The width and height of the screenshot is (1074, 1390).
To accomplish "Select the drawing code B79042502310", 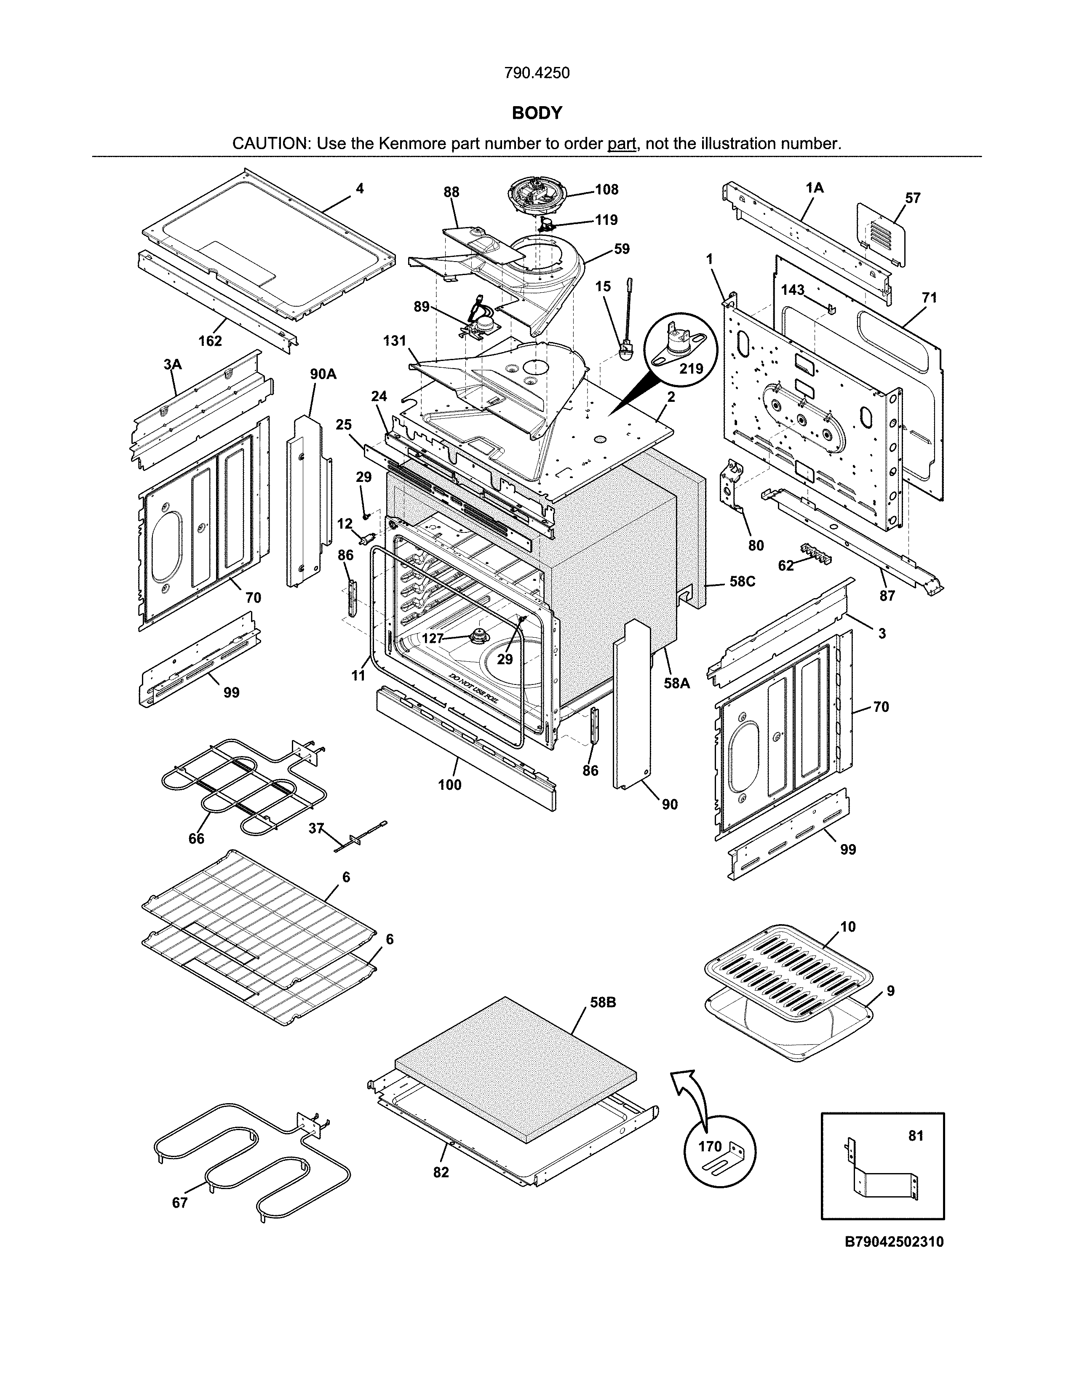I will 894,1241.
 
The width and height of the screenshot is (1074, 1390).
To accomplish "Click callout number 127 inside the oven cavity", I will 433,638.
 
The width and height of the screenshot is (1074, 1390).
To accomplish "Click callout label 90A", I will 323,374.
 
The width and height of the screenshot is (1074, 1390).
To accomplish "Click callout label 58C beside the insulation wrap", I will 742,581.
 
